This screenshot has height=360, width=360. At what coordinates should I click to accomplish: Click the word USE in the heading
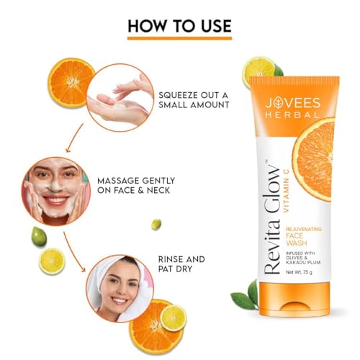[216, 26]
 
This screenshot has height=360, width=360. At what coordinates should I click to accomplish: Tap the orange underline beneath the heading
[179, 38]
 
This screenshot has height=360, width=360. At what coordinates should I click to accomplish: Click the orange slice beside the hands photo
[71, 82]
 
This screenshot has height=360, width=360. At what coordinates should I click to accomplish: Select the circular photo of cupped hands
[120, 98]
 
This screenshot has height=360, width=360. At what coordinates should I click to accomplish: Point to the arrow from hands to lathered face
[74, 138]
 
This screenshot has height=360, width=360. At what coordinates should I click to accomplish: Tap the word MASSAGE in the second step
[118, 181]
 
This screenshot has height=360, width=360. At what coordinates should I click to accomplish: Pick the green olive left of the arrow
[39, 236]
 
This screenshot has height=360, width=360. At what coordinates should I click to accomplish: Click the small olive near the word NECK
[156, 225]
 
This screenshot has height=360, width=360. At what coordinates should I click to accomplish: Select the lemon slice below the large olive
[52, 261]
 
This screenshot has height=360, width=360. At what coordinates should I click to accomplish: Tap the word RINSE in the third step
[169, 259]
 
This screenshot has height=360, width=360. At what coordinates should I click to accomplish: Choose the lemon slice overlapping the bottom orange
[174, 318]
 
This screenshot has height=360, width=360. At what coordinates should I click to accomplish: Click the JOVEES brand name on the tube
[293, 103]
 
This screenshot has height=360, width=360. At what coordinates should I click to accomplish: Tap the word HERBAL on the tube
[293, 114]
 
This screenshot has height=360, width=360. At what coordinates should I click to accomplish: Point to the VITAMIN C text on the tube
[286, 191]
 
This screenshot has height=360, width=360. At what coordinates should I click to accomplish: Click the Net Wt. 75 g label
[299, 272]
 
